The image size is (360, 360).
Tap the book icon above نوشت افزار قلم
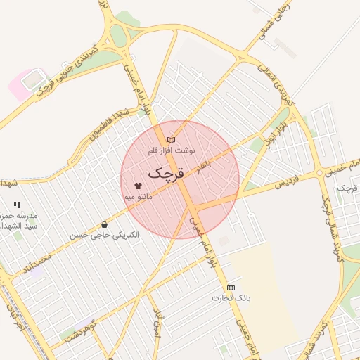[x=171, y=141]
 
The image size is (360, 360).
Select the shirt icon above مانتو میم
[x=137, y=187]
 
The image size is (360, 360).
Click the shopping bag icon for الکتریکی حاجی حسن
[x=105, y=224]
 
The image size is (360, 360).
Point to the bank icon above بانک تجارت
[x=231, y=288]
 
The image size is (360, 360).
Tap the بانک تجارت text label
[x=231, y=299]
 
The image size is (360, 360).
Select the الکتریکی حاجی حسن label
[x=105, y=234]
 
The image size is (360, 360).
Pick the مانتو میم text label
[x=139, y=198]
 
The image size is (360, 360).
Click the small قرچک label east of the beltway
[x=345, y=188]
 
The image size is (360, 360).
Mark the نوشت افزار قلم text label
[x=171, y=151]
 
